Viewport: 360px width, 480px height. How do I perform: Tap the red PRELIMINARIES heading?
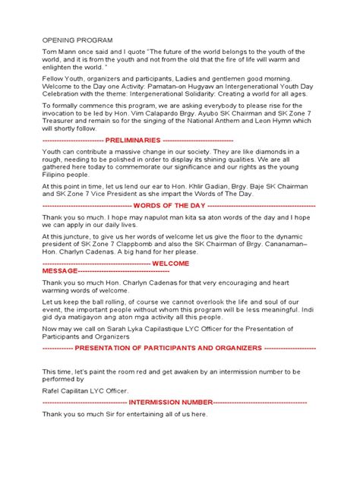click(x=133, y=141)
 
